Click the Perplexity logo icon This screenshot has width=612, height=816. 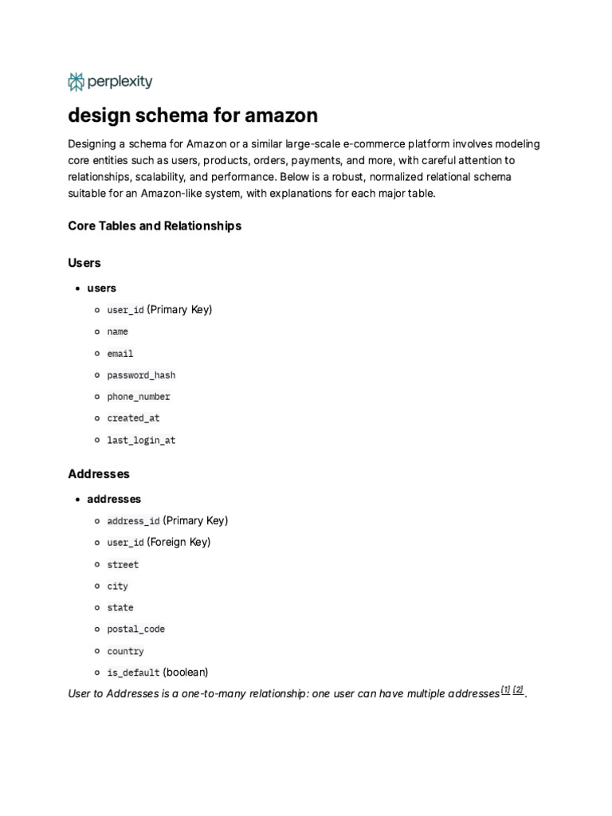[76, 81]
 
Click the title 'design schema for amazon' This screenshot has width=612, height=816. [193, 116]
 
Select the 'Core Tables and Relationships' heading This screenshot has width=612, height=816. [155, 226]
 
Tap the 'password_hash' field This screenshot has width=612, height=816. [141, 375]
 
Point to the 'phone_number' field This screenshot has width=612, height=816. [139, 397]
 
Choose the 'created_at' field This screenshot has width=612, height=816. [133, 418]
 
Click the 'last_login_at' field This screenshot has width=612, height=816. [141, 440]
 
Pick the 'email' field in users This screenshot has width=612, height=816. [120, 354]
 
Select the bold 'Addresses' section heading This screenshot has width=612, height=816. [99, 473]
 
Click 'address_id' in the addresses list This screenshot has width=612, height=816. [133, 521]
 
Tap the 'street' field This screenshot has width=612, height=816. [123, 565]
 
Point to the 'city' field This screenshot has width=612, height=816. [117, 586]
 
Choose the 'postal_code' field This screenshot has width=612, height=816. [136, 630]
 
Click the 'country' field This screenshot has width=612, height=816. [125, 651]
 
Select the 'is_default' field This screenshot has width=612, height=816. [133, 673]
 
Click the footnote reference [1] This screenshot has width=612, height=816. [505, 689]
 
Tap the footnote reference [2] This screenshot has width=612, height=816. [518, 689]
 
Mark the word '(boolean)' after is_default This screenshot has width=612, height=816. [186, 672]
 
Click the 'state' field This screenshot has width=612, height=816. [120, 608]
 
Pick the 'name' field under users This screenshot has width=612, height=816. [117, 331]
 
